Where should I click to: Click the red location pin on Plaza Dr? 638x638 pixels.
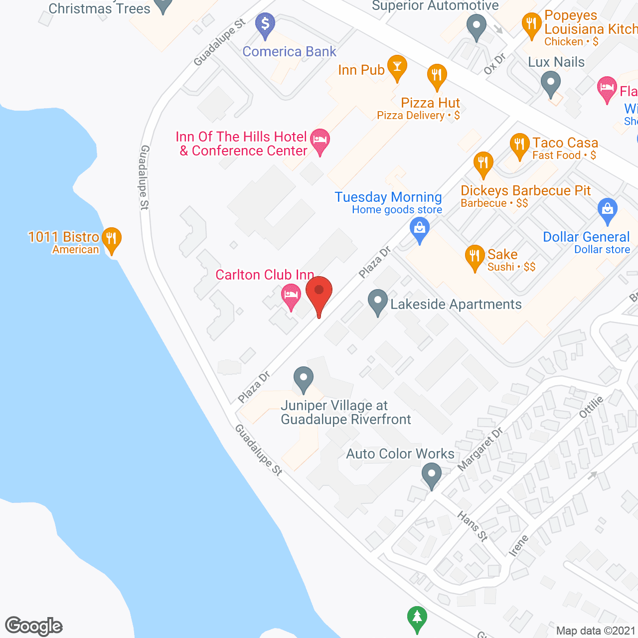point(319,292)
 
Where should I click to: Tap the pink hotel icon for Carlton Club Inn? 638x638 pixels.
point(291,295)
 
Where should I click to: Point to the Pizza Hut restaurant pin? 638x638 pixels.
point(437,76)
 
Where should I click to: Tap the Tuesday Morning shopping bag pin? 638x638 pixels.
point(420,230)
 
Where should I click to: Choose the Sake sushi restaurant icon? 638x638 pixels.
point(475,256)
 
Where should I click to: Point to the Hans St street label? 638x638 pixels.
point(473,526)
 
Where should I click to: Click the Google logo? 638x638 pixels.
point(34,626)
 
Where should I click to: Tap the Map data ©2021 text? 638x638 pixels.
point(596,631)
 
